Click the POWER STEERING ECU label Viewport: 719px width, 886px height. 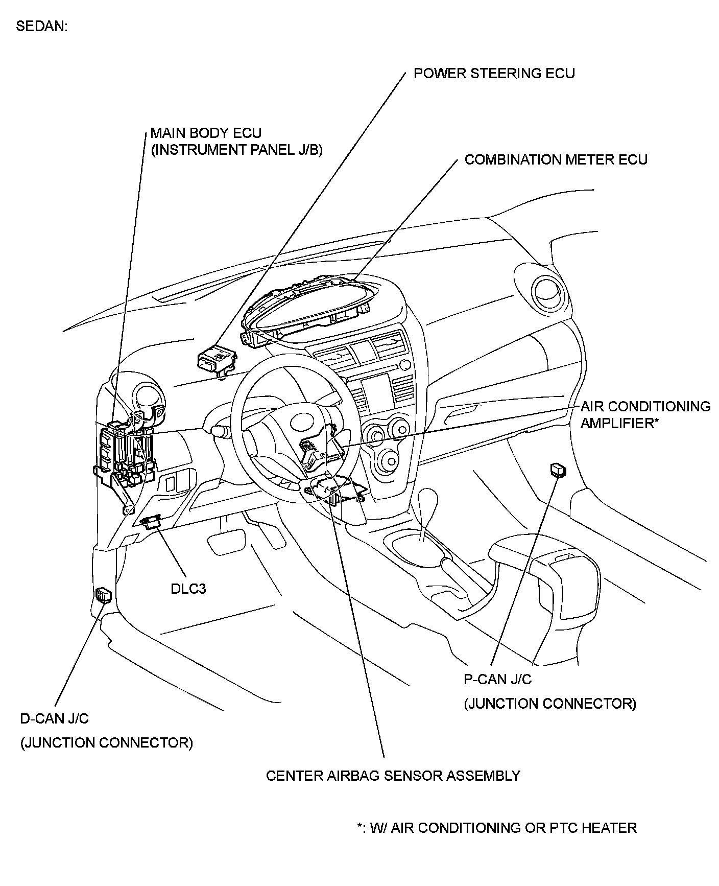point(494,74)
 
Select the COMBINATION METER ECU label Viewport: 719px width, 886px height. point(556,160)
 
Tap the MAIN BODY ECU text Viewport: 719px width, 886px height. point(206,133)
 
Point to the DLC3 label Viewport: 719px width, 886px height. point(188,589)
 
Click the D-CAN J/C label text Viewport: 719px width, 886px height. point(54,718)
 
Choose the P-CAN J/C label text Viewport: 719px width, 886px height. point(497,679)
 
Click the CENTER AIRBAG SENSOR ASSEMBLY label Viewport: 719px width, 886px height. point(393,776)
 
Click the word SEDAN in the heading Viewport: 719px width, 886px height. point(41,27)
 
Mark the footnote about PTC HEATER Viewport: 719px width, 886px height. point(496,828)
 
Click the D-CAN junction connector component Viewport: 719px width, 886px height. point(104,595)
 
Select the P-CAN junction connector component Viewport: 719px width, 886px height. point(559,469)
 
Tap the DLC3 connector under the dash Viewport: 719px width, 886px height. point(152,521)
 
